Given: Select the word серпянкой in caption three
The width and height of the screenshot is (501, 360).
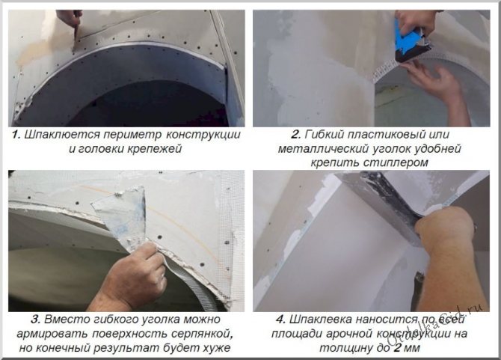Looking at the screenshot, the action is tap(202, 334).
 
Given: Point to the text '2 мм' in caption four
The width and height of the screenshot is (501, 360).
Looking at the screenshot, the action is tap(407, 347).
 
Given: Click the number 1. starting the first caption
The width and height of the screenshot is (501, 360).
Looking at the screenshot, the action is tap(16, 134).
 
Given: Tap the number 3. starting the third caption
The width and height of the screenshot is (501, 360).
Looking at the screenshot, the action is tap(36, 319).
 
